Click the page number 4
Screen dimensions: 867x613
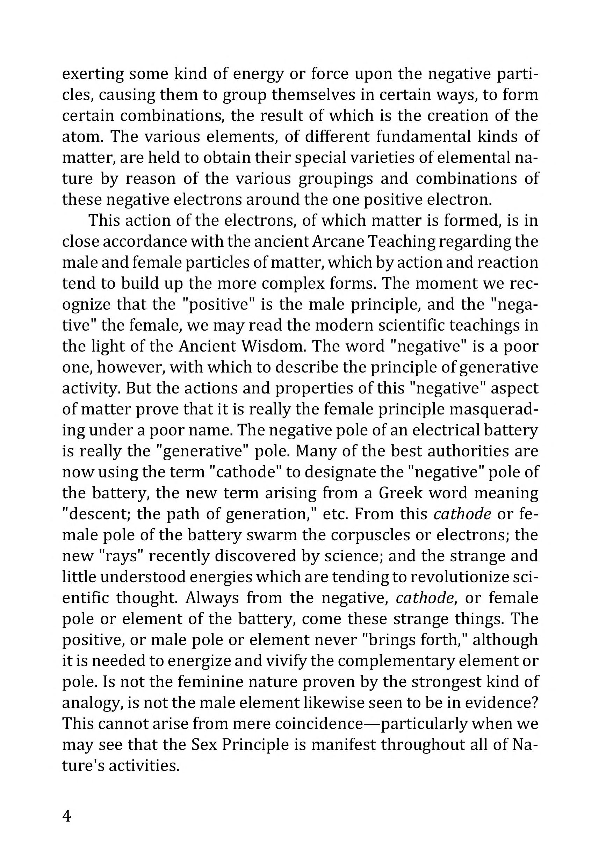(66, 817)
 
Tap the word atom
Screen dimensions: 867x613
(80, 136)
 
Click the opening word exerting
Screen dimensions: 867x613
(93, 74)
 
